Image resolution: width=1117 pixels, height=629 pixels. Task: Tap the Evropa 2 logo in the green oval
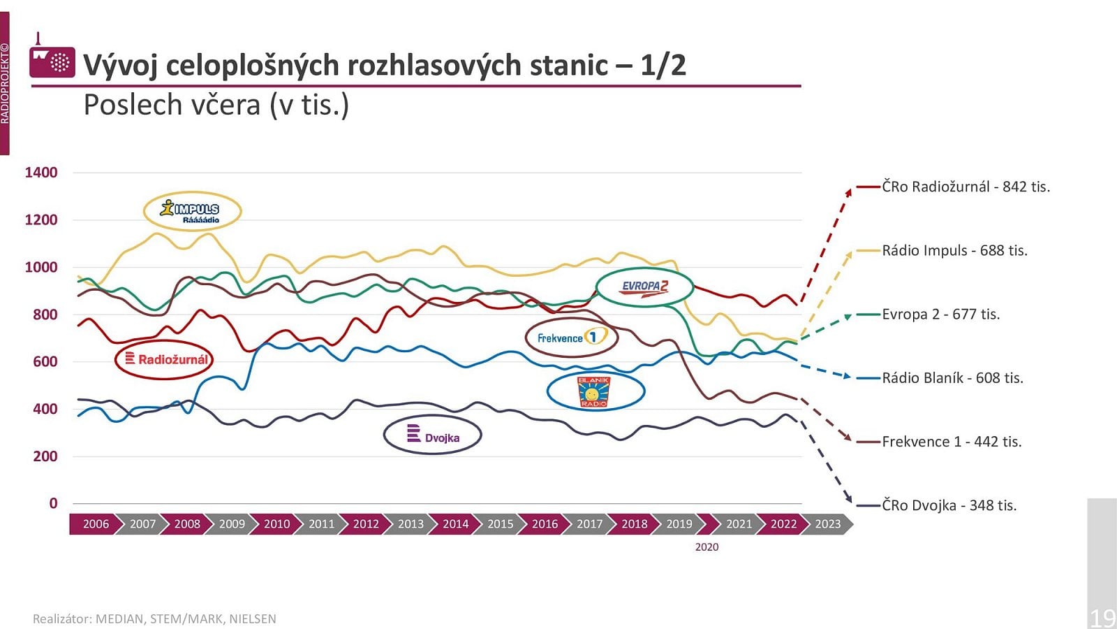click(x=644, y=287)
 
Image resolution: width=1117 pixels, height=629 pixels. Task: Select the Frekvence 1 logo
click(x=572, y=338)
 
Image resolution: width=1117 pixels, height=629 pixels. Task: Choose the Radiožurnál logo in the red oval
click(x=163, y=359)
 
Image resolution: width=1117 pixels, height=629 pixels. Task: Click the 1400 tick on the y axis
click(x=41, y=173)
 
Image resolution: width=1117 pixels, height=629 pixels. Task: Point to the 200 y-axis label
click(x=45, y=456)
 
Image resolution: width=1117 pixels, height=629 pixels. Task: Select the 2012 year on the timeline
click(x=366, y=524)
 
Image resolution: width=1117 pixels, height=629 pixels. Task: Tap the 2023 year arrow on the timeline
click(x=828, y=524)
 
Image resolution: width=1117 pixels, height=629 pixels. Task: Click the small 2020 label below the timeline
click(x=707, y=547)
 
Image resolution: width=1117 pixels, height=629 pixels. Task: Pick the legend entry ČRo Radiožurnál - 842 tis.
click(x=966, y=187)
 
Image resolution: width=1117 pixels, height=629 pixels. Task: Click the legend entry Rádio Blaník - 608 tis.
click(x=952, y=378)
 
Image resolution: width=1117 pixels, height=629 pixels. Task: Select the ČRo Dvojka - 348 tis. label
click(x=949, y=505)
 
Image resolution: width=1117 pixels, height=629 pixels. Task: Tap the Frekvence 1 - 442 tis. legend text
click(x=952, y=442)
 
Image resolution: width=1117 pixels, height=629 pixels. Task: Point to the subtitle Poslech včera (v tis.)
click(x=216, y=105)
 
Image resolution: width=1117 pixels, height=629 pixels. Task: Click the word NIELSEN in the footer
click(x=252, y=619)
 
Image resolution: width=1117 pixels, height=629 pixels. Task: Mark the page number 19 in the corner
click(x=1102, y=618)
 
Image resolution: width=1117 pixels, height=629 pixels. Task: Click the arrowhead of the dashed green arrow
click(x=848, y=317)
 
